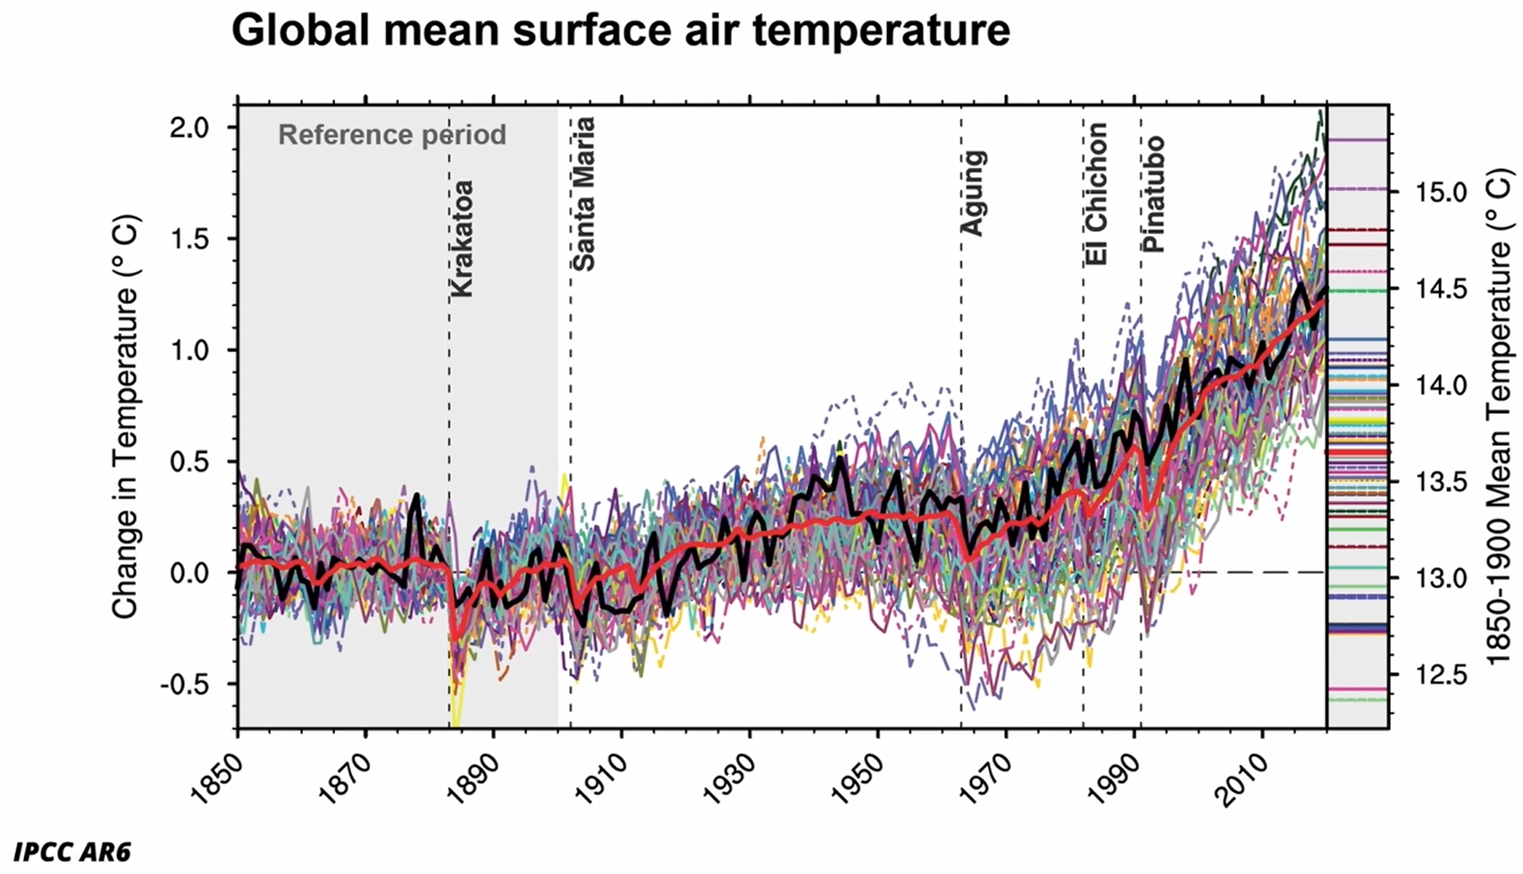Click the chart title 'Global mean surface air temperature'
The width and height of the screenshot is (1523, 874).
[620, 31]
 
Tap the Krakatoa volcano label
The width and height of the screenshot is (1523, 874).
[462, 239]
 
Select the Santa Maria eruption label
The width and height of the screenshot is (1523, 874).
[583, 194]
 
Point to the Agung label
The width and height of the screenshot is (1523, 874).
[974, 193]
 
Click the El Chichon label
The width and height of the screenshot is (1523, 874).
[1097, 194]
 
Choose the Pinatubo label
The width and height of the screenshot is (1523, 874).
[1153, 194]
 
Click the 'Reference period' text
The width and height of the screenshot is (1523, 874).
[392, 135]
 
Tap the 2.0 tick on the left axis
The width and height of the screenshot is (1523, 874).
[189, 128]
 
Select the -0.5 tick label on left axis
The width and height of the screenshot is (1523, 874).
[185, 685]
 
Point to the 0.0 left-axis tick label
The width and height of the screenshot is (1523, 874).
[189, 573]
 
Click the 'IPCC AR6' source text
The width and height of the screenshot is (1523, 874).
[72, 852]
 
